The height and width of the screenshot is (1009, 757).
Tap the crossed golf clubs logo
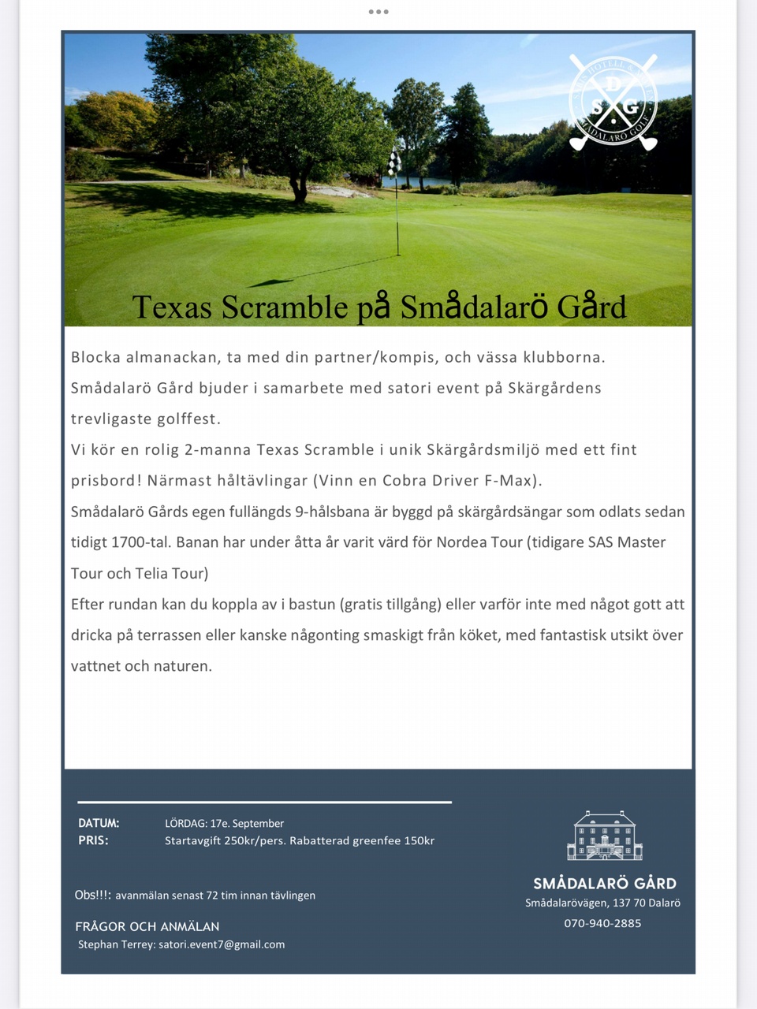[x=613, y=103]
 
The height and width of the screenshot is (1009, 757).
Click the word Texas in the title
[x=172, y=307]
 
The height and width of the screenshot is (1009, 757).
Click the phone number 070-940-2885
[x=602, y=923]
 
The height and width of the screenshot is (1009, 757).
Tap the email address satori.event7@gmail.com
[x=222, y=944]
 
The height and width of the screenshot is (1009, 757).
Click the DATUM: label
[x=99, y=823]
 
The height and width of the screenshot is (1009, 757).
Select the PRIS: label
[x=93, y=840]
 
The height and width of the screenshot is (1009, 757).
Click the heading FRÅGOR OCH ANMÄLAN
[x=147, y=926]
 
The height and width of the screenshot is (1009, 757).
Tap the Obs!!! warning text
[x=93, y=895]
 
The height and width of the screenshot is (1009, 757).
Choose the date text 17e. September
[x=247, y=823]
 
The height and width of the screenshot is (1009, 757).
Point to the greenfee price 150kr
[x=419, y=840]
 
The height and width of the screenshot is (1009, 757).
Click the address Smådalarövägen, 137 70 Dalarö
[x=602, y=903]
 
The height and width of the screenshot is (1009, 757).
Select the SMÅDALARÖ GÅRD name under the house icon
[x=604, y=884]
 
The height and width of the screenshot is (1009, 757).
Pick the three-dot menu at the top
[x=378, y=12]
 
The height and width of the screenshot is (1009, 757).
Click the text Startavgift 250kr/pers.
[x=225, y=840]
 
